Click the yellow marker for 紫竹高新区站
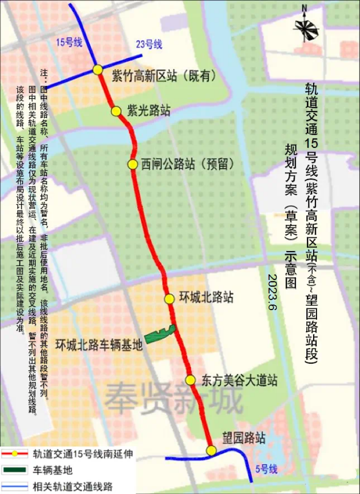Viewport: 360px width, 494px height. pos(98,70)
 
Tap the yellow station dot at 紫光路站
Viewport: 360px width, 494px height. pos(116,111)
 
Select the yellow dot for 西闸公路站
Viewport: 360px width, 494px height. pos(133,164)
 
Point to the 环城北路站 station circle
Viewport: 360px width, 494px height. pos(169,299)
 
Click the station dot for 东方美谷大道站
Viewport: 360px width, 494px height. pos(190,380)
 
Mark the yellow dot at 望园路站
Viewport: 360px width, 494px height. pos(211,451)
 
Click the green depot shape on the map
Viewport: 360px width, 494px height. pos(159,334)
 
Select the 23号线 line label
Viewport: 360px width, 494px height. pos(148,45)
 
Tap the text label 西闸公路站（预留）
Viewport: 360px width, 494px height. pos(188,164)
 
